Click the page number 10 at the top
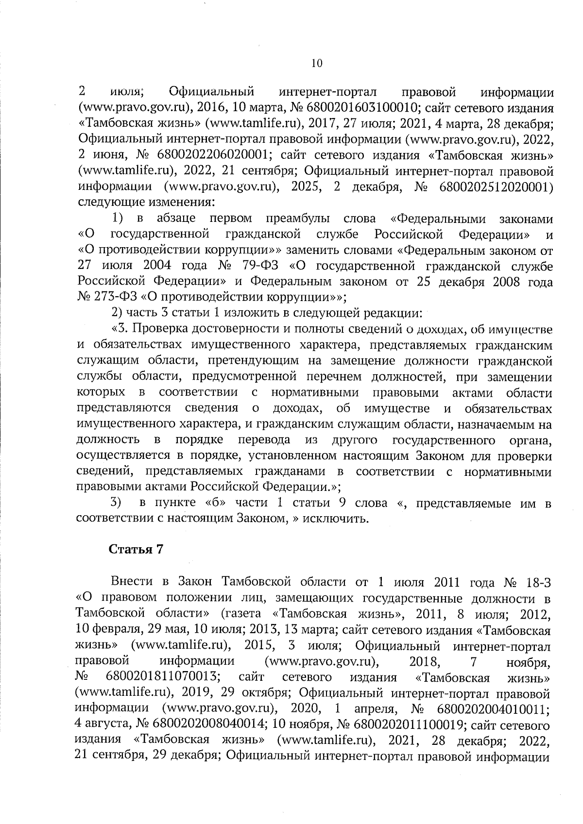[x=316, y=63]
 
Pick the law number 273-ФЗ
[x=108, y=297]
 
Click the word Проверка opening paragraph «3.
[x=160, y=329]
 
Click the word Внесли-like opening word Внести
[x=132, y=582]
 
